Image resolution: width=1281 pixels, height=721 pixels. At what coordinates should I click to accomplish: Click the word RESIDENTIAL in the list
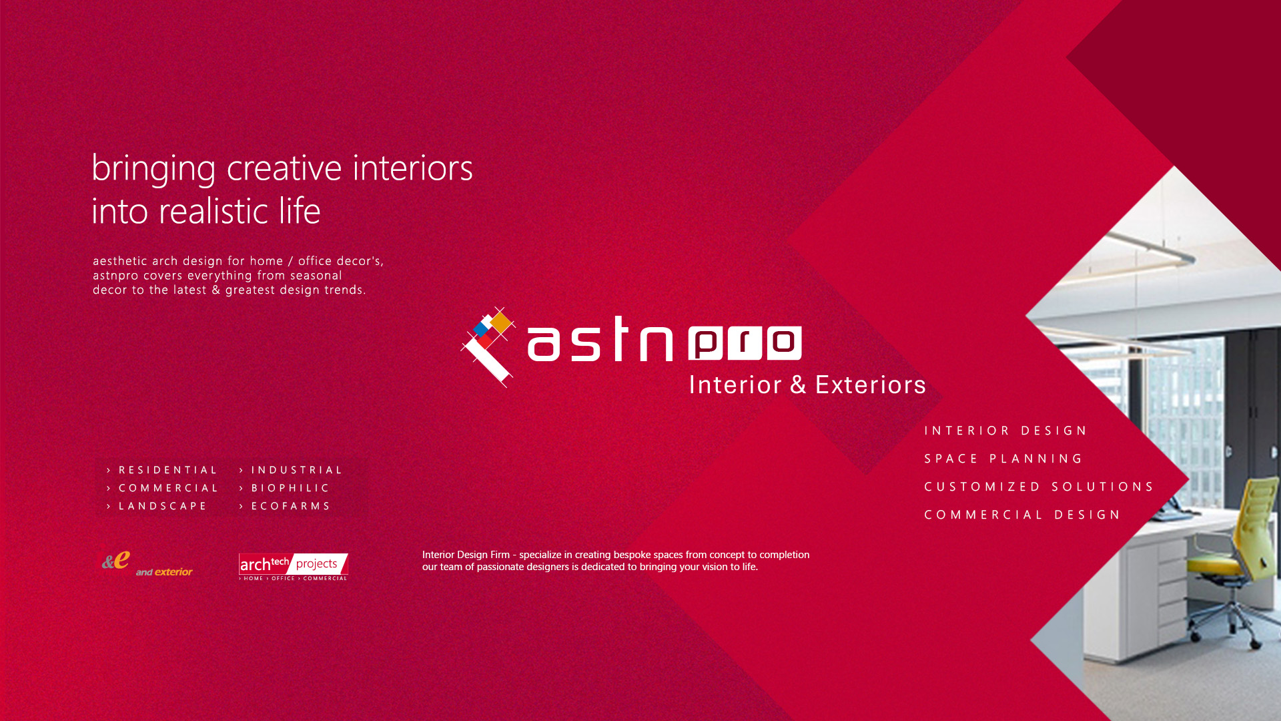click(x=168, y=470)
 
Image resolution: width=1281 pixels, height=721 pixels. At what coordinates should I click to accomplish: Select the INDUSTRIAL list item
click(x=297, y=470)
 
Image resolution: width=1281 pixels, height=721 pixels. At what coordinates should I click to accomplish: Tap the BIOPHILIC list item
click(x=290, y=488)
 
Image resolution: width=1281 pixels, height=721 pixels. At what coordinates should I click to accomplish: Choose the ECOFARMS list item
click(x=291, y=506)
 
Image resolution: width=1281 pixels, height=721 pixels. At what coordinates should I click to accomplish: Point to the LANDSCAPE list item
click(x=163, y=506)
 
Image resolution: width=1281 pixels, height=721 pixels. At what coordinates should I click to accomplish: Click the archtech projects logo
click(x=294, y=567)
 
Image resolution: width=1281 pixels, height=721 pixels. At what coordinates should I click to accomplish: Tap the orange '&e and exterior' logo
click(x=146, y=564)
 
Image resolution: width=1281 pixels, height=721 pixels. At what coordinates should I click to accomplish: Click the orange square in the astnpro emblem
click(x=500, y=323)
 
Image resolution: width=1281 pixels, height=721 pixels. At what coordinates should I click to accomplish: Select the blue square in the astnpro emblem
click(x=480, y=329)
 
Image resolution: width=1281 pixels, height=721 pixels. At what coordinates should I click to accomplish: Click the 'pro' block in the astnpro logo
click(x=745, y=343)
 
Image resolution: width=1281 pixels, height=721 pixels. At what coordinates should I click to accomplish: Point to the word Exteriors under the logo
click(x=871, y=385)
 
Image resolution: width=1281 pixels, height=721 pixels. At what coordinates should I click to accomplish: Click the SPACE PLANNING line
click(x=1003, y=459)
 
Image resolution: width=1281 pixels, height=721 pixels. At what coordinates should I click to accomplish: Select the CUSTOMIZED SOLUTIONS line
click(x=1038, y=487)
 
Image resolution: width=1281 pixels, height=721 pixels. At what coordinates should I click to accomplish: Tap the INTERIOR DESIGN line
click(x=1005, y=431)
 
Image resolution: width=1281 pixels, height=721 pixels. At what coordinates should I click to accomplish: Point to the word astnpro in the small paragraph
click(x=115, y=276)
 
